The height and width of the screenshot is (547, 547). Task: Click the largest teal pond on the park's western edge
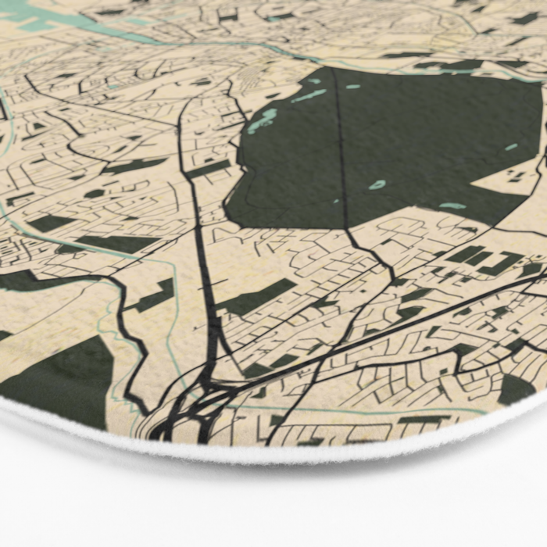[x=264, y=120]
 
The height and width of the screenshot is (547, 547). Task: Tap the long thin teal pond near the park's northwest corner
[x=309, y=95]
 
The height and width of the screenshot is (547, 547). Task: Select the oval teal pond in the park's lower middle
[x=377, y=185]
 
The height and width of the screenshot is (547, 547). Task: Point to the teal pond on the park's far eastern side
[x=511, y=147]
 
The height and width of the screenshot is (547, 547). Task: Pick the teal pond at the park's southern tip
[x=452, y=206]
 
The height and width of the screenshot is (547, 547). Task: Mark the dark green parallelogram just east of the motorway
[x=258, y=297]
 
